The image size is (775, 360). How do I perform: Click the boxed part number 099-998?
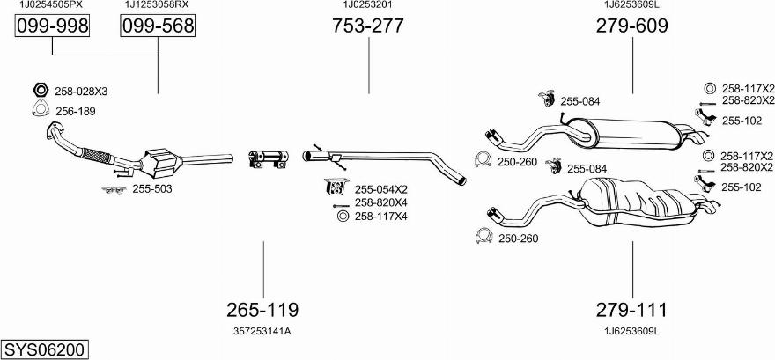tap(53, 27)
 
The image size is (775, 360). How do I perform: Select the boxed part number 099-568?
tap(157, 27)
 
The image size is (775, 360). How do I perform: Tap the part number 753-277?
tap(367, 26)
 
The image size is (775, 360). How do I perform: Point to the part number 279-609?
tap(631, 26)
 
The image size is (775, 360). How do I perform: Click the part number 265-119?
tap(262, 310)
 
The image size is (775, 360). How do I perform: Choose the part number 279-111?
tap(631, 310)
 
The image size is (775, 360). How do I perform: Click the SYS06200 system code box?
tap(44, 349)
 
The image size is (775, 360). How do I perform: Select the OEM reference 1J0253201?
tap(367, 5)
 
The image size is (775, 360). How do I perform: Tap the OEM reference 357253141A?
tap(262, 331)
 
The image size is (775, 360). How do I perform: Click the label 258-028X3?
tap(81, 92)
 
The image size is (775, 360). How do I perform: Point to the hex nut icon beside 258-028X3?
tap(40, 90)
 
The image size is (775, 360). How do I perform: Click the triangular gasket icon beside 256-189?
tap(40, 110)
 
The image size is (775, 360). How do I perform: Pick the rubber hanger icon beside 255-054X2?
tap(335, 187)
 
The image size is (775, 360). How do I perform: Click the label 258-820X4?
tap(380, 202)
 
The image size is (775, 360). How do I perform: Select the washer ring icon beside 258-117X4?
tap(342, 217)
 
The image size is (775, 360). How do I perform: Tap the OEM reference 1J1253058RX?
tap(157, 5)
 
